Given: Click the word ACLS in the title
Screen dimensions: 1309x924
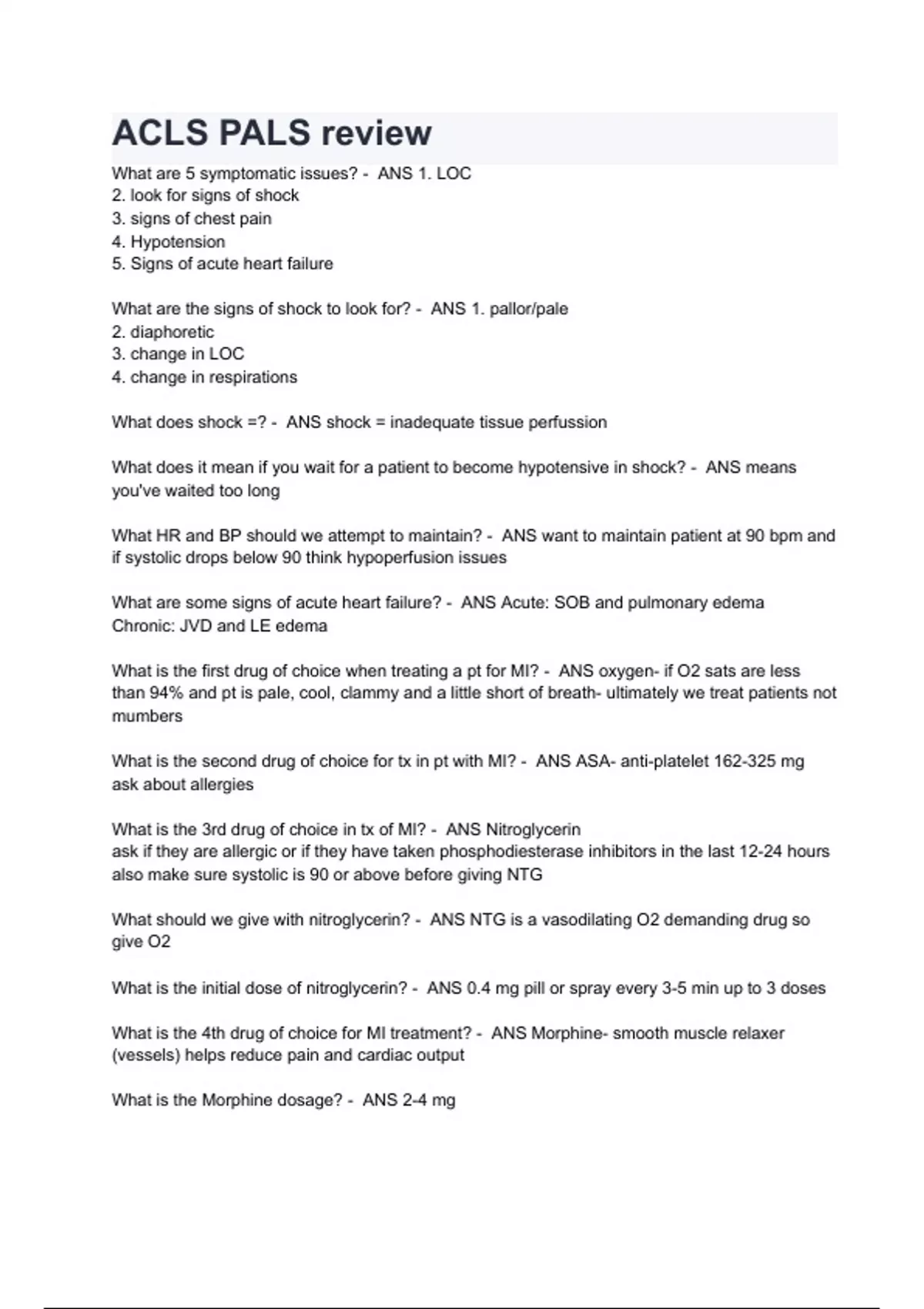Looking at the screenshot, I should (x=159, y=133).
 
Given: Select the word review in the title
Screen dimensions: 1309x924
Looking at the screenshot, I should (x=377, y=133).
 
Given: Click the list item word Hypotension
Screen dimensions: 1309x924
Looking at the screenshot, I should (x=178, y=242).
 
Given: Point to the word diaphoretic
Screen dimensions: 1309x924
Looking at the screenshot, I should (x=172, y=332).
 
